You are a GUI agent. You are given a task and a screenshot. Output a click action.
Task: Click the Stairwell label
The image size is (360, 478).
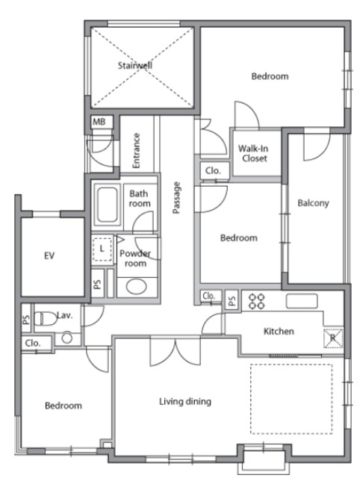click(134, 65)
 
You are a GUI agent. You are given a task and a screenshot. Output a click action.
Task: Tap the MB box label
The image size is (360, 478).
click(99, 122)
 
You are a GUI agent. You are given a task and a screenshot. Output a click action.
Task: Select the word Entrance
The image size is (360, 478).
click(136, 150)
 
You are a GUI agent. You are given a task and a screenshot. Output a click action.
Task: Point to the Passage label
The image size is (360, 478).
click(176, 197)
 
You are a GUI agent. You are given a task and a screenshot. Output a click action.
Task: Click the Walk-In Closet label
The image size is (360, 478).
click(253, 153)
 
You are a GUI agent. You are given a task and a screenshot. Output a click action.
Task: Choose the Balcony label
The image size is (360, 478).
click(314, 203)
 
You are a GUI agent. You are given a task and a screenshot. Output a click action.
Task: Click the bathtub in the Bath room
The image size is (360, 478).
click(107, 204)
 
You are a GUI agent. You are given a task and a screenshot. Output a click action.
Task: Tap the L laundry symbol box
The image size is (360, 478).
click(102, 249)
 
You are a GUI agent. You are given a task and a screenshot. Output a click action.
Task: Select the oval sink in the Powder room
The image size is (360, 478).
click(137, 287)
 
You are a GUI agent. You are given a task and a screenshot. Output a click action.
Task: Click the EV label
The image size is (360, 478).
click(49, 255)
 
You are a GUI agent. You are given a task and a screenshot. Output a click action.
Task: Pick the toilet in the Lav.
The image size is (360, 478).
click(45, 318)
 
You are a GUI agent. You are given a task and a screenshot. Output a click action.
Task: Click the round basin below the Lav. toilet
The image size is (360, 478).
click(66, 338)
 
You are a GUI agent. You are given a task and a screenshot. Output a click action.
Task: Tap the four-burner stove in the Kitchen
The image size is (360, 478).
click(256, 301)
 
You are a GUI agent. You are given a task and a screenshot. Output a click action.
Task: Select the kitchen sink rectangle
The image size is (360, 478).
click(302, 301)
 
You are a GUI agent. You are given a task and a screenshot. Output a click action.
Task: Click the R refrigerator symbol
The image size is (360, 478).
click(333, 338)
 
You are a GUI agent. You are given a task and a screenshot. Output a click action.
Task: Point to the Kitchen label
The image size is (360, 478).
click(279, 331)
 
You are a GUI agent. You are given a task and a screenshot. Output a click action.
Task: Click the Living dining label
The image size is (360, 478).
click(185, 402)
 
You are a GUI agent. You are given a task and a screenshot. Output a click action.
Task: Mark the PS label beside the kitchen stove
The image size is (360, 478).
click(232, 301)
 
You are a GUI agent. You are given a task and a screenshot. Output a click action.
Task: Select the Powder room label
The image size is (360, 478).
click(135, 258)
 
